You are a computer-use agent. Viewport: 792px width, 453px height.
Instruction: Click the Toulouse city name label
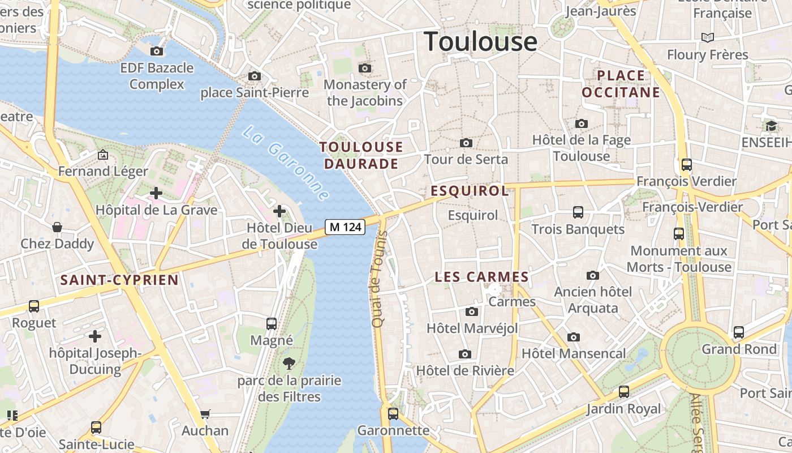pyautogui.click(x=480, y=41)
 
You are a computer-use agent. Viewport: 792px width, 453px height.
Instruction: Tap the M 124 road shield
pyautogui.click(x=345, y=227)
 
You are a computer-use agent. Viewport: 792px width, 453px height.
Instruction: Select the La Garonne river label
pyautogui.click(x=286, y=163)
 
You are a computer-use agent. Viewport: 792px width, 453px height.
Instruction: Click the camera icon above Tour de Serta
pyautogui.click(x=466, y=143)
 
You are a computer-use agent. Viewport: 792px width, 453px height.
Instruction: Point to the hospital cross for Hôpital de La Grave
pyautogui.click(x=156, y=193)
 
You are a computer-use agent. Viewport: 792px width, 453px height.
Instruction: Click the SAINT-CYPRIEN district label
pyautogui.click(x=119, y=280)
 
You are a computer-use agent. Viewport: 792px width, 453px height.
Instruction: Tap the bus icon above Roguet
pyautogui.click(x=34, y=306)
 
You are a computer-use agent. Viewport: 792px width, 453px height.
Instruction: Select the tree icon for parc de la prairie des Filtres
pyautogui.click(x=289, y=363)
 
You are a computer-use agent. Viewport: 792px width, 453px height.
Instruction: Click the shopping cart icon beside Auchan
pyautogui.click(x=205, y=414)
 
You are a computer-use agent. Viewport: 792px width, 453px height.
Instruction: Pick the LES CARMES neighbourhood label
pyautogui.click(x=481, y=277)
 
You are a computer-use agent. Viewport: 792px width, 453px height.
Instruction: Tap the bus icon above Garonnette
pyautogui.click(x=393, y=414)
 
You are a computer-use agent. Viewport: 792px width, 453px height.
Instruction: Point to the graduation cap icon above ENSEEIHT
pyautogui.click(x=771, y=126)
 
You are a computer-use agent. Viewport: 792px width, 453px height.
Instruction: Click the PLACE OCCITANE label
pyautogui.click(x=621, y=84)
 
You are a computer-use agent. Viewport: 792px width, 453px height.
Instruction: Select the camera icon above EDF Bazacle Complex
pyautogui.click(x=157, y=52)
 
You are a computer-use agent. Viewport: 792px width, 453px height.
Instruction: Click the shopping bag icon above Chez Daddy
pyautogui.click(x=57, y=227)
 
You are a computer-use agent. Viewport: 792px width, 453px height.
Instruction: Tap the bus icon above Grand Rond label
pyautogui.click(x=738, y=332)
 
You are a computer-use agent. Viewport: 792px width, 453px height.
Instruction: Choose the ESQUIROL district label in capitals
pyautogui.click(x=470, y=191)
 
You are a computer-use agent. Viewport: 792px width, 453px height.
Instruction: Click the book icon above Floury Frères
pyautogui.click(x=707, y=37)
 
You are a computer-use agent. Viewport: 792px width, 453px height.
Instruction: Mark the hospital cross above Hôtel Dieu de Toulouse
pyautogui.click(x=279, y=211)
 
